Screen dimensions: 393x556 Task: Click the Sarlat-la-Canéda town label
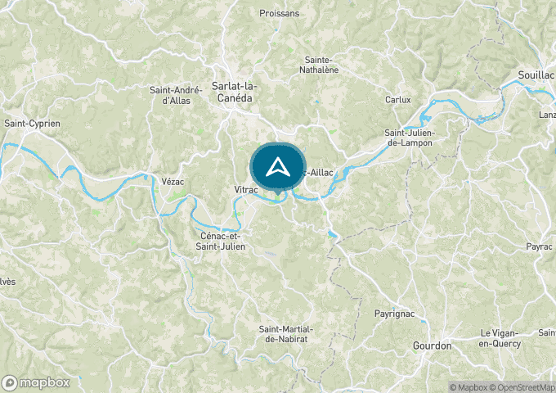point(231,91)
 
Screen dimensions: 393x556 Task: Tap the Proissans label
point(279,13)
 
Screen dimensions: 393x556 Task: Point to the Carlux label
point(397,100)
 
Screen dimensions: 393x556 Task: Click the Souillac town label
point(536,75)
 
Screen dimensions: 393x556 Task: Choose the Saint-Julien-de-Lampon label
point(410,138)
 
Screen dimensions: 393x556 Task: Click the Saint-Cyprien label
point(33,124)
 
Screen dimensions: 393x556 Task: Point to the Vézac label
point(172,179)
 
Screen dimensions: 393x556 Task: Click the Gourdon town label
point(432,346)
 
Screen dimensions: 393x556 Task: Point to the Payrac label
point(540,246)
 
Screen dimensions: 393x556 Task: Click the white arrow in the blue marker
point(278,167)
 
